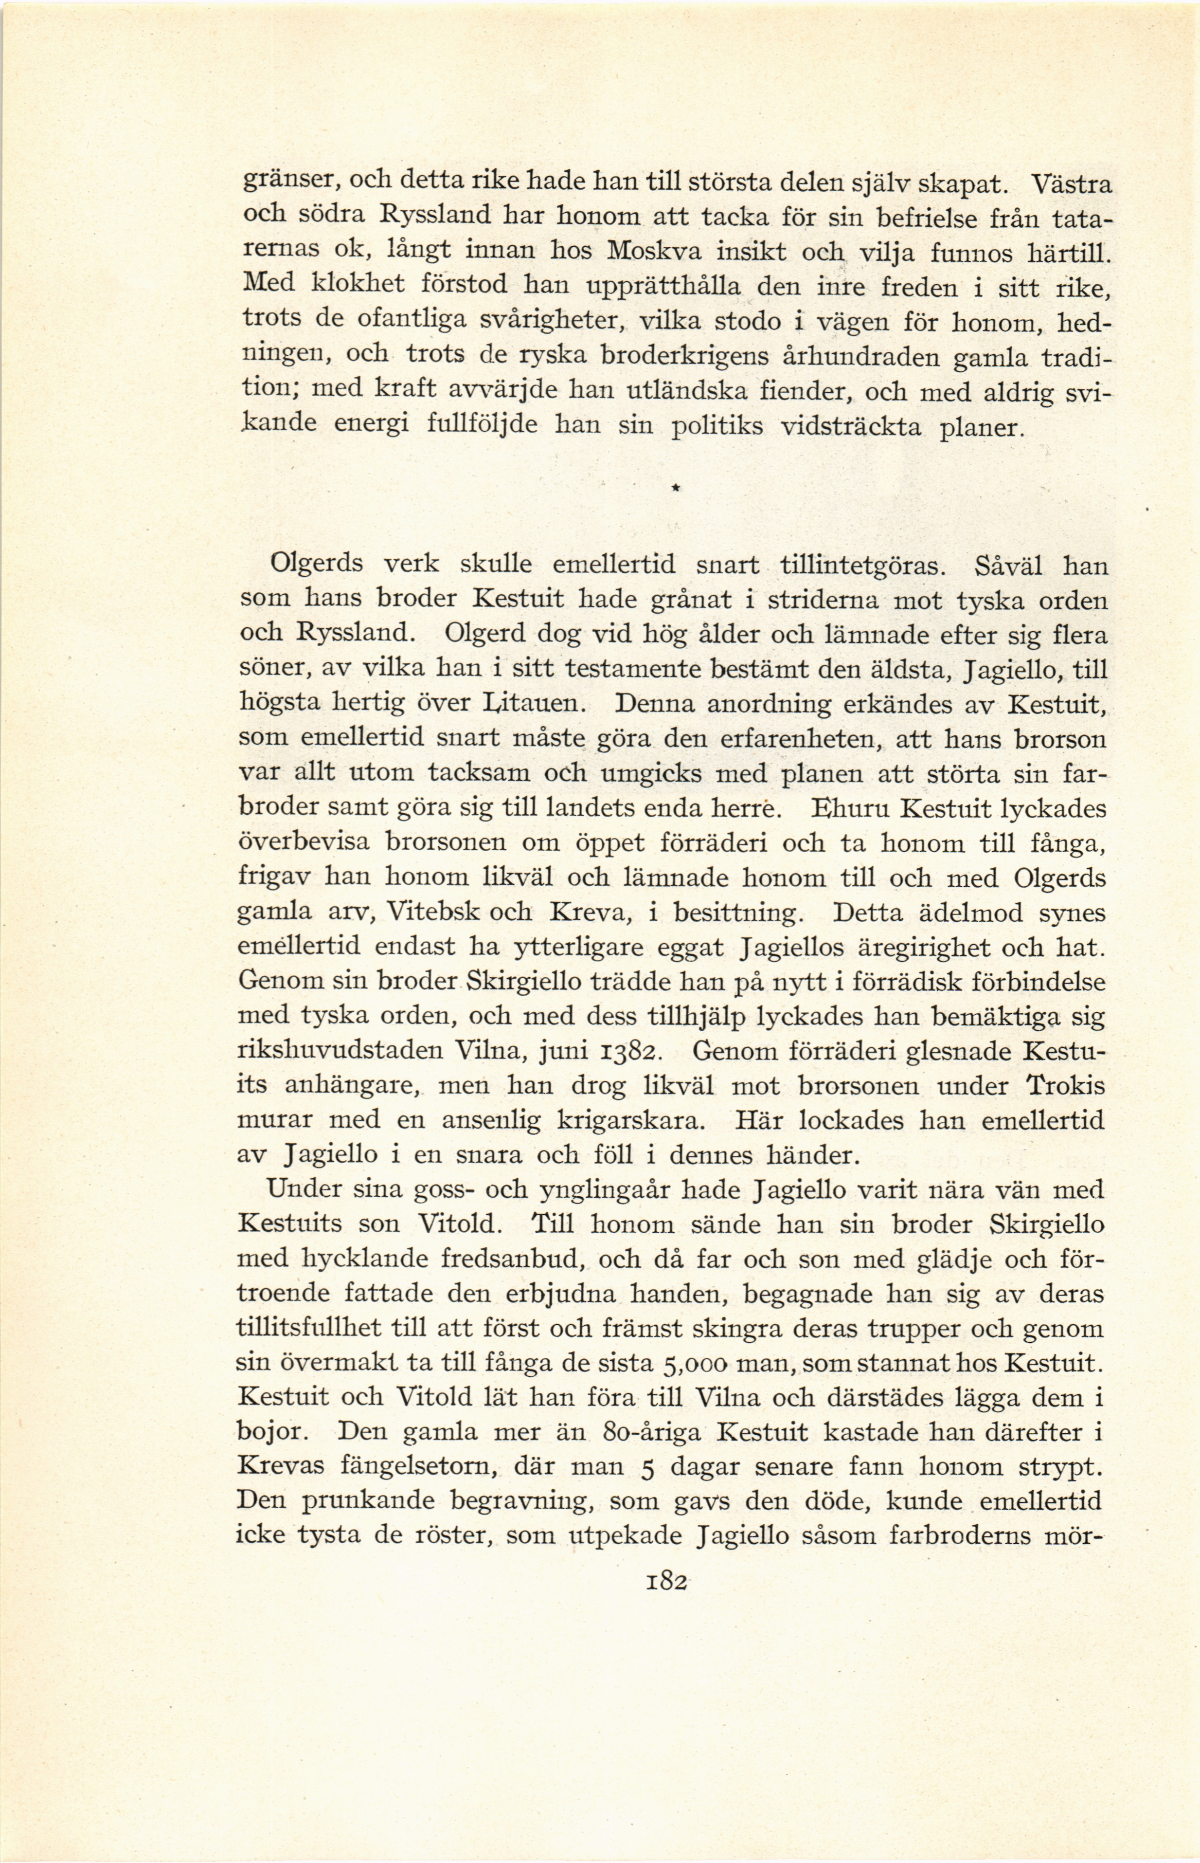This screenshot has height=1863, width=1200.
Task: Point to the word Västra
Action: tap(1072, 185)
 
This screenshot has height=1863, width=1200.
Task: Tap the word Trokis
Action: tap(1065, 1086)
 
